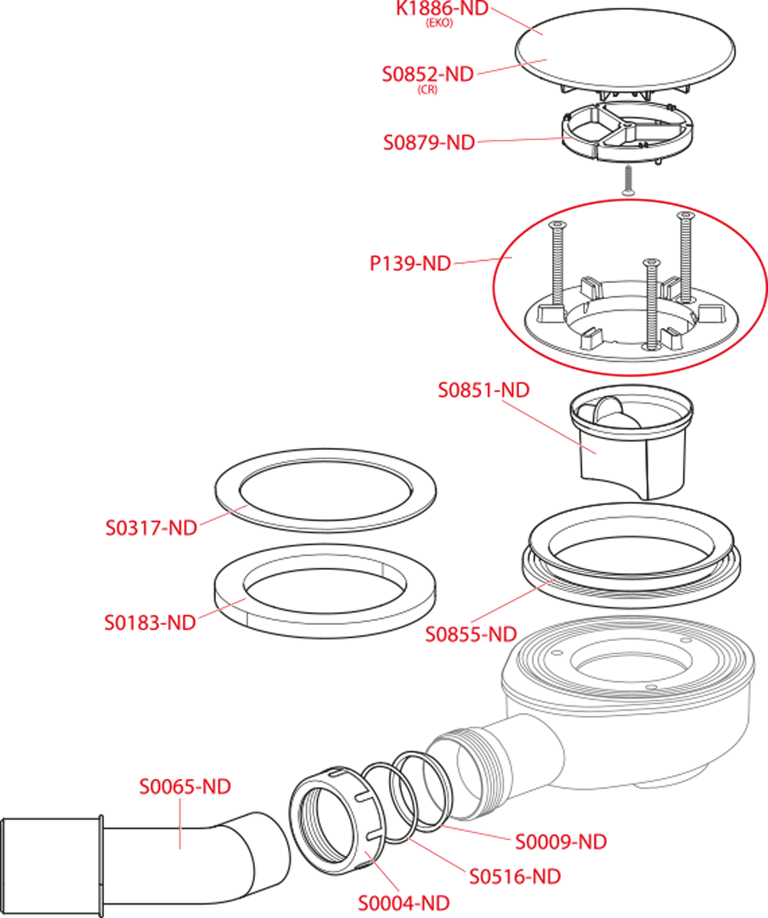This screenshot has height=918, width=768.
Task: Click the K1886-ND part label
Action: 443,8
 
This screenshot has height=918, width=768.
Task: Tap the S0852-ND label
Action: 428,74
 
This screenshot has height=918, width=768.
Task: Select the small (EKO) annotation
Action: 440,23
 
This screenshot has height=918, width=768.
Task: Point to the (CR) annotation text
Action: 427,90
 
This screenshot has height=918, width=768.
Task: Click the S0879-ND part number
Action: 429,143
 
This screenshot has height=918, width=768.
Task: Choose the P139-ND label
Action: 410,264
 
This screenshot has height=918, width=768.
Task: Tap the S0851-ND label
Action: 484,390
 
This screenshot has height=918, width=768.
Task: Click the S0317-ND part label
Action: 152,528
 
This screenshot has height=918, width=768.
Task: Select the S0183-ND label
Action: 150,623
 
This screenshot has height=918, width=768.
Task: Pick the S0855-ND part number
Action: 471,634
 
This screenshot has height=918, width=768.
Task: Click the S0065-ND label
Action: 185,786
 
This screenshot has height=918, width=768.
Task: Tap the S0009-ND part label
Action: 561,841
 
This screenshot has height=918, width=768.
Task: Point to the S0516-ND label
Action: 515,877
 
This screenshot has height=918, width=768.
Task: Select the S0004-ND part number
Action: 404,903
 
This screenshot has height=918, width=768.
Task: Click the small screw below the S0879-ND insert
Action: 629,180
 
